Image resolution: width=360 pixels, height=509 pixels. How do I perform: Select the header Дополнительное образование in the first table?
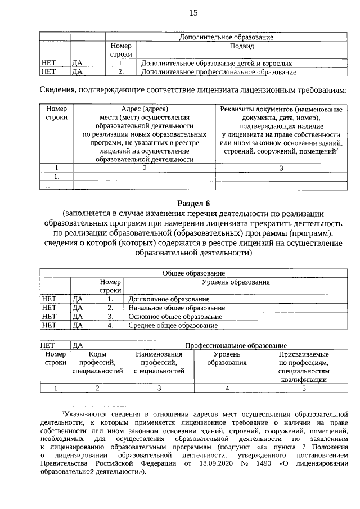pyautogui.click(x=226, y=37)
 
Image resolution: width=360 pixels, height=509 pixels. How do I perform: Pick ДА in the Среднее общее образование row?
pyautogui.click(x=78, y=325)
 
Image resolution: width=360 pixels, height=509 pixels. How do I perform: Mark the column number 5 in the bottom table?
pyautogui.click(x=303, y=388)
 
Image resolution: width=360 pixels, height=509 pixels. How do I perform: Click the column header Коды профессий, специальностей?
pyautogui.click(x=97, y=363)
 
